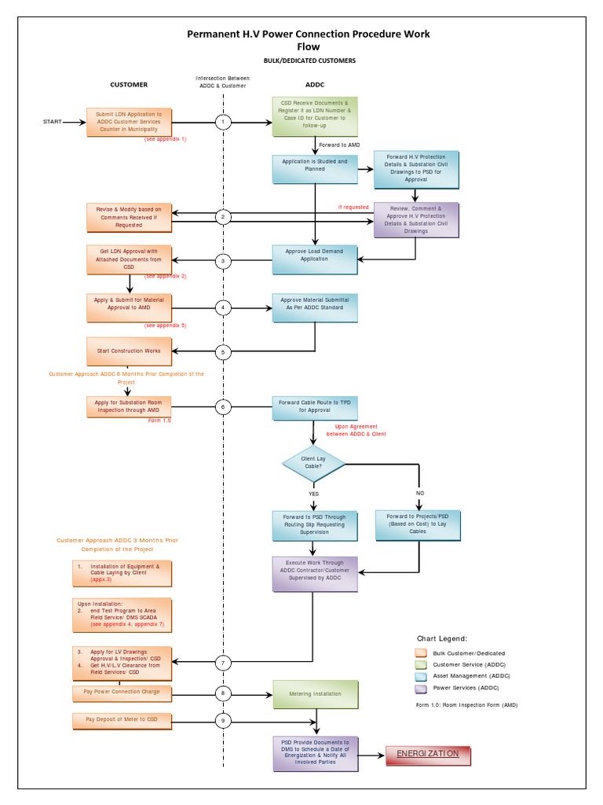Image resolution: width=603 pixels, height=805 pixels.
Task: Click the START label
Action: pyautogui.click(x=52, y=122)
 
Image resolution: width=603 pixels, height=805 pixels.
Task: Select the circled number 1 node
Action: pyautogui.click(x=224, y=122)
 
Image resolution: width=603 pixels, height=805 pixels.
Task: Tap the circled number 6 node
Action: pyautogui.click(x=224, y=406)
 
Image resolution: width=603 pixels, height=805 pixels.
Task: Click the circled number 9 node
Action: pyautogui.click(x=224, y=719)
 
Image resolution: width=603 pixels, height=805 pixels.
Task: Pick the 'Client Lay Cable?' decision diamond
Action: pyautogui.click(x=313, y=464)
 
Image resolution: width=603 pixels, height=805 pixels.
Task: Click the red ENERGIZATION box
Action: pyautogui.click(x=428, y=755)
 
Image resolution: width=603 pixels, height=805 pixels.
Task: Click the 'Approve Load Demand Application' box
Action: pyautogui.click(x=315, y=260)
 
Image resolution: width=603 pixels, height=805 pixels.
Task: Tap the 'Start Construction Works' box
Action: pyautogui.click(x=129, y=351)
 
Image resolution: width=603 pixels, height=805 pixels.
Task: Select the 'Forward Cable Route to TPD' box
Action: pyautogui.click(x=314, y=406)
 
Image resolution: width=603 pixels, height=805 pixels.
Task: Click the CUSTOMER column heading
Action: pyautogui.click(x=129, y=84)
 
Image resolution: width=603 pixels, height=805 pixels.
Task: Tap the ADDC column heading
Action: pyautogui.click(x=314, y=84)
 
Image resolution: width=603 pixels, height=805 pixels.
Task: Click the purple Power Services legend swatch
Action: pyautogui.click(x=422, y=687)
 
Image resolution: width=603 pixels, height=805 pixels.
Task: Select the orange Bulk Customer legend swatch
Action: pyautogui.click(x=422, y=653)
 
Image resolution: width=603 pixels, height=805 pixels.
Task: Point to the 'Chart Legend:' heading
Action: pyautogui.click(x=442, y=638)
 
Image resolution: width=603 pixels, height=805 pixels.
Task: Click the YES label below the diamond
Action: pyautogui.click(x=313, y=494)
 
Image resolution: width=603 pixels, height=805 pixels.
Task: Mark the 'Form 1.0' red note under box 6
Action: pyautogui.click(x=159, y=421)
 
